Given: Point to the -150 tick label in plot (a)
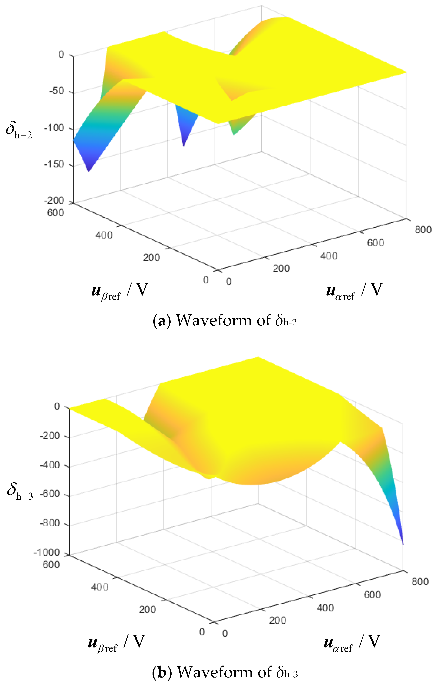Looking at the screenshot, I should (x=54, y=164).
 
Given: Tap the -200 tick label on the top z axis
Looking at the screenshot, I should (x=54, y=201).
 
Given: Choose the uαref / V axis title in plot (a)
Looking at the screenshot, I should (x=354, y=291).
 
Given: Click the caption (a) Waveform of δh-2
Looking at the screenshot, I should (x=225, y=320).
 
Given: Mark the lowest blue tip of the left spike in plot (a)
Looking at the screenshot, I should (x=89, y=171).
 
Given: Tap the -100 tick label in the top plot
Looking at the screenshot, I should (x=54, y=128).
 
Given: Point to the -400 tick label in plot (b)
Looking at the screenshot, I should (x=50, y=465).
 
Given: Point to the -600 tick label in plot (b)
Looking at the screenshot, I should (x=50, y=494).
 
